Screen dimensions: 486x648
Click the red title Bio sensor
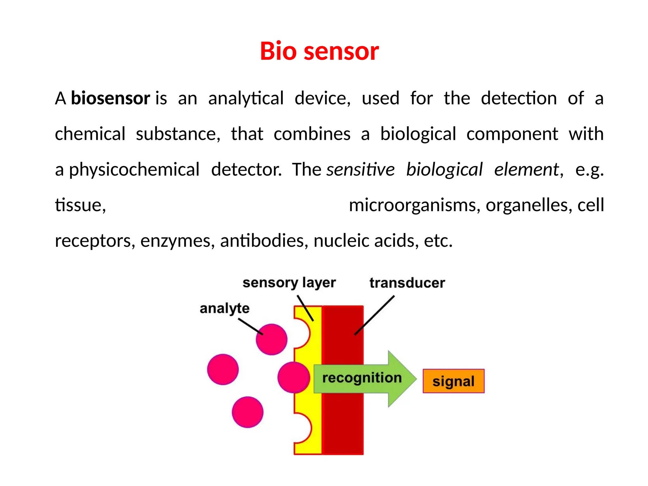319,51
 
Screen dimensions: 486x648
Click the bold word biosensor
110,98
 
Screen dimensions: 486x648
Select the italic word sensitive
360,170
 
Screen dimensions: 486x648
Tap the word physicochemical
134,170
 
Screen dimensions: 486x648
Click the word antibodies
264,241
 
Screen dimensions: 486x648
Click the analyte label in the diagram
224,308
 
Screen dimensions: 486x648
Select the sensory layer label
289,283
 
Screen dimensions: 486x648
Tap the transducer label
407,283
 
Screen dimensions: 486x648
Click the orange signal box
453,381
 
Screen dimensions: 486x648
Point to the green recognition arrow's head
402,379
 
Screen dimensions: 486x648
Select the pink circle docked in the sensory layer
293,377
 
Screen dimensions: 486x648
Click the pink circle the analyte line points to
271,340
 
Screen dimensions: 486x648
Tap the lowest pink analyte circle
247,412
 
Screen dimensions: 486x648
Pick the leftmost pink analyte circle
223,369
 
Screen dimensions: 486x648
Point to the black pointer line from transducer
375,315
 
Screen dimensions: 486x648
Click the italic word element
526,170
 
